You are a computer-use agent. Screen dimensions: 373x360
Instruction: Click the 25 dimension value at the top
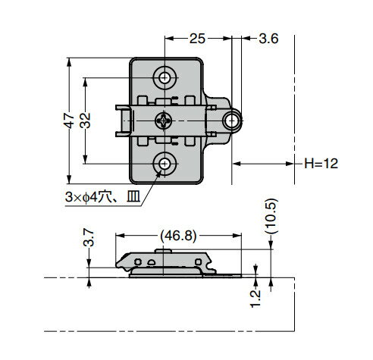click(x=197, y=39)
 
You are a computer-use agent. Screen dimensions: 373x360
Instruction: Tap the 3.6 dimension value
click(x=268, y=39)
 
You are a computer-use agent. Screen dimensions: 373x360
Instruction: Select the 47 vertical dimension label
click(x=69, y=121)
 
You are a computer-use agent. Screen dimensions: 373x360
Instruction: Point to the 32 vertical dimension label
click(x=85, y=121)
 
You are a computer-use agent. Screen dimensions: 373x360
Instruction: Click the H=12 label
click(x=321, y=164)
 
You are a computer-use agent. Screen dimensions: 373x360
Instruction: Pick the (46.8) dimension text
click(x=178, y=236)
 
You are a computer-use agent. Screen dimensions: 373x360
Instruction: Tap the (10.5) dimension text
click(x=271, y=216)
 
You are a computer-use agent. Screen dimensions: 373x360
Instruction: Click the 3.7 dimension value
click(x=89, y=238)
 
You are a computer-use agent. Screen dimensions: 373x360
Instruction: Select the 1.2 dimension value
click(x=255, y=299)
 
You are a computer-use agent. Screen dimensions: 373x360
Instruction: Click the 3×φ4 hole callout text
click(x=103, y=197)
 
